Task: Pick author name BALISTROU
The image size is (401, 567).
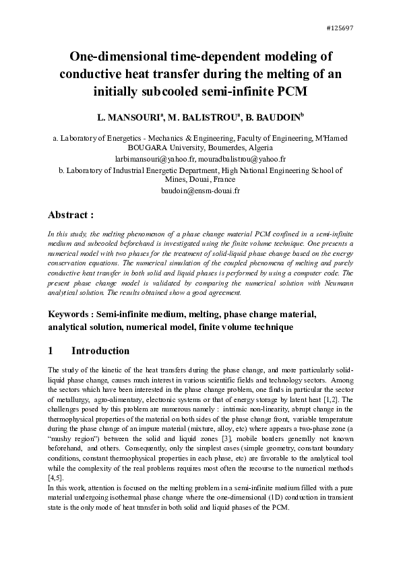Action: (204, 117)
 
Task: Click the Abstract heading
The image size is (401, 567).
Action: (70, 215)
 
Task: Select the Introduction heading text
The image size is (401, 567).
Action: (100, 351)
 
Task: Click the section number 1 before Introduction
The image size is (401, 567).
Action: (51, 351)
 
